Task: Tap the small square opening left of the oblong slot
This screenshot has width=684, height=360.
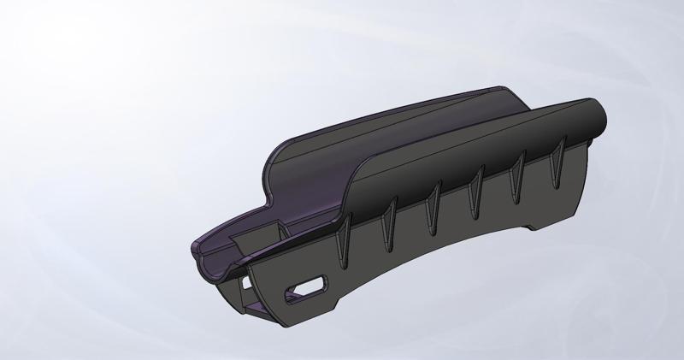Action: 247,280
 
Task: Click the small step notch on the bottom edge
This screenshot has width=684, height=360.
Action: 532,227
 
